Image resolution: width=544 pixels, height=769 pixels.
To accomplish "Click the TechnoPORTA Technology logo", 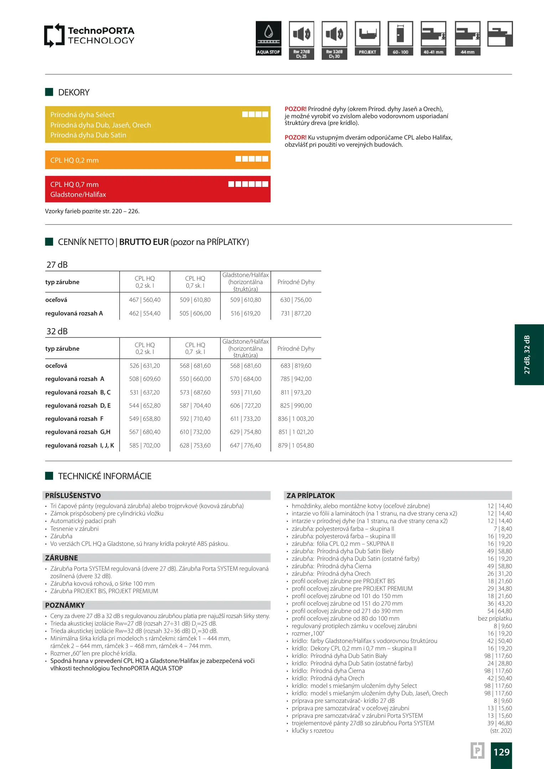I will (x=89, y=35).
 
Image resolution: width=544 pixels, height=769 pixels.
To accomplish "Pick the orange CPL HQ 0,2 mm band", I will (x=157, y=160).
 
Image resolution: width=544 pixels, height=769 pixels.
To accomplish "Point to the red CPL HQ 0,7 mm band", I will (x=157, y=189).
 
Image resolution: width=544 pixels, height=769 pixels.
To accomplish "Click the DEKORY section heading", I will (x=74, y=93).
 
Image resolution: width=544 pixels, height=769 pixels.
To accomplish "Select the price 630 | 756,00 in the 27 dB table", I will (x=296, y=300).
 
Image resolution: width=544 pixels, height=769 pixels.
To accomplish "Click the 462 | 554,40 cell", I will (x=145, y=313).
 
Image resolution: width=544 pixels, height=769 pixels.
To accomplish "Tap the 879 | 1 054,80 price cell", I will (x=296, y=445).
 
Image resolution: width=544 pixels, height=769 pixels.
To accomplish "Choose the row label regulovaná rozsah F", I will (x=74, y=419).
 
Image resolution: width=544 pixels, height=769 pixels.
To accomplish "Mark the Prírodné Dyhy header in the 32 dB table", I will (x=296, y=349).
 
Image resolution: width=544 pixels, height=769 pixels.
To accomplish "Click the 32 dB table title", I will (x=57, y=331).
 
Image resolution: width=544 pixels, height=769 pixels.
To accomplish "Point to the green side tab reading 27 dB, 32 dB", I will (x=529, y=355).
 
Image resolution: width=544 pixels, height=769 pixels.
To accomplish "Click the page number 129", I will (x=501, y=752).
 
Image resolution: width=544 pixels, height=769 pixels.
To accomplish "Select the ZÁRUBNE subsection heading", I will (x=62, y=558).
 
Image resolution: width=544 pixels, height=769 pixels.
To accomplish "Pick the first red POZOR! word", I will (x=295, y=109).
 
